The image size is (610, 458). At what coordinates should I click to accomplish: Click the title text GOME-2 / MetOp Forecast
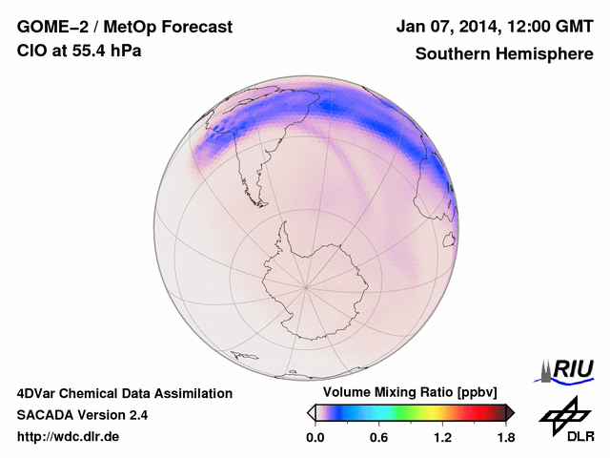coord(124,28)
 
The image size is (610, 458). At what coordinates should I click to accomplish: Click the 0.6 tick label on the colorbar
coord(378,438)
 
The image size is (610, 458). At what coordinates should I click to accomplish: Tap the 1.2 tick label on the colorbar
coord(442,438)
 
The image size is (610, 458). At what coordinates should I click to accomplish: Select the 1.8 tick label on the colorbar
coord(505,438)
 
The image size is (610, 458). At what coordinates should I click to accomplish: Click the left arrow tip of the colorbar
coord(310,412)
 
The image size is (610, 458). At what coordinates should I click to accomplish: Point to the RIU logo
coord(567,370)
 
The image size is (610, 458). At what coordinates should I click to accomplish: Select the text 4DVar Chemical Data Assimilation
coord(124,393)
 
